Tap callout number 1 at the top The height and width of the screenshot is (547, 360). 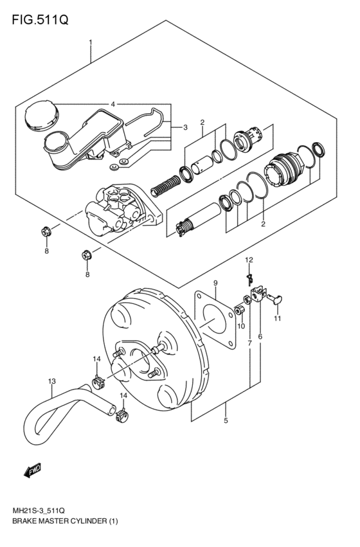click(91, 43)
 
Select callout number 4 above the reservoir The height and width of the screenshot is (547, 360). click(112, 104)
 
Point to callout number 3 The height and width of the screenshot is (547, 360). click(184, 127)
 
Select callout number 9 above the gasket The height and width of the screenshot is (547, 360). click(215, 283)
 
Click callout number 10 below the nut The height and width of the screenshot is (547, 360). click(242, 327)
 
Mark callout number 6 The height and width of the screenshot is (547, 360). click(260, 336)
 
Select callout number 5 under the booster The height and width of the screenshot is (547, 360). click(226, 422)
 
